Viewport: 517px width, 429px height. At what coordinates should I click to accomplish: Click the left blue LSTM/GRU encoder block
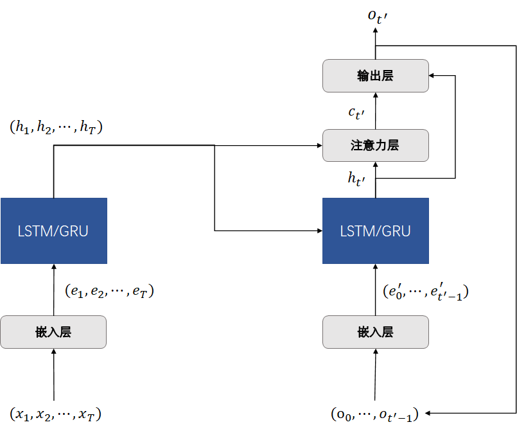(x=53, y=231)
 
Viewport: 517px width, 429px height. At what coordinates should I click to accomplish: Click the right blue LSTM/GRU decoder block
(x=375, y=231)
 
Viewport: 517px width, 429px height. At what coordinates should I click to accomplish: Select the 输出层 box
(x=375, y=76)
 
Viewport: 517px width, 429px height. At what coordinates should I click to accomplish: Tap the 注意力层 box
(x=375, y=145)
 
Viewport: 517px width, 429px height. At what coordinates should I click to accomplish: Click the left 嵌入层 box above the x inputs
(x=53, y=332)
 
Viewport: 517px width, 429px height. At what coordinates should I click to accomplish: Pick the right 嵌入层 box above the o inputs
(x=375, y=332)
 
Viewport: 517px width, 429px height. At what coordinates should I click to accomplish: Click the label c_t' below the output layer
(x=356, y=113)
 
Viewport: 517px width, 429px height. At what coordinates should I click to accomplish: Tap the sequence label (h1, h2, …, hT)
(x=57, y=127)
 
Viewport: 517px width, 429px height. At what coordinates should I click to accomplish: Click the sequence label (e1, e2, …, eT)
(x=109, y=291)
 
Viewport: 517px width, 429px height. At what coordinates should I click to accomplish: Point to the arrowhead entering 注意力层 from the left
(x=319, y=145)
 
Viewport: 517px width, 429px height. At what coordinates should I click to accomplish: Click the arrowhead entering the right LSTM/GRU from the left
(x=319, y=230)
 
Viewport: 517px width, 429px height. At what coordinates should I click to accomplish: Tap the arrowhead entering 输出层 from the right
(x=432, y=76)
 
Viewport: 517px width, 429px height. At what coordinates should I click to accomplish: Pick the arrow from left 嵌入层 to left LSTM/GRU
(x=53, y=289)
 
